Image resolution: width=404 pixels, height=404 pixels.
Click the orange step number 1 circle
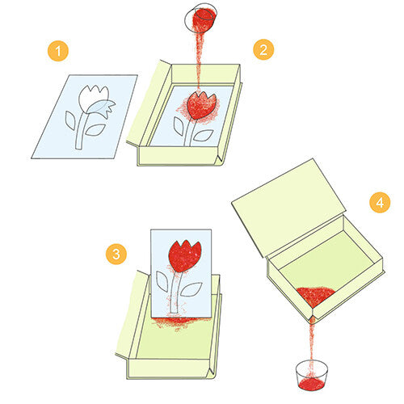58,51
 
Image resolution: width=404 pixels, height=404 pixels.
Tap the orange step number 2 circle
263,49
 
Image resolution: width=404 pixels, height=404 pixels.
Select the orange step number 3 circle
116,254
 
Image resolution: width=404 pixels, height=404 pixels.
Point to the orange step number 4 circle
380,202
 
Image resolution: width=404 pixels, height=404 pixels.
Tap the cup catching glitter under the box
312,375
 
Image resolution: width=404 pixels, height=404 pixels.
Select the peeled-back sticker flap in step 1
103,107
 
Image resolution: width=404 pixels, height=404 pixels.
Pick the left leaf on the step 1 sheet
70,120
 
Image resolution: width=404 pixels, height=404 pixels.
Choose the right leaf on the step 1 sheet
95,130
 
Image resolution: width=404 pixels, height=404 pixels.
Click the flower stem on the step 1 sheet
82,131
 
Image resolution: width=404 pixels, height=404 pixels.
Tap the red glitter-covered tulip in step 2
200,105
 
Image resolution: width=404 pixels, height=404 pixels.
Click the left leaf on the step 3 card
162,281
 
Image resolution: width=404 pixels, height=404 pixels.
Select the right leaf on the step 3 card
191,289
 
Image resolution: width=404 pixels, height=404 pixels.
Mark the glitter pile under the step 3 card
179,322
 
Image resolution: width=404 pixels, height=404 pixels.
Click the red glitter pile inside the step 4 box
316,296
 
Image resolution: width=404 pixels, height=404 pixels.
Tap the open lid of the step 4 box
288,208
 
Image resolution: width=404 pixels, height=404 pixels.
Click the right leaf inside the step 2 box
204,135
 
